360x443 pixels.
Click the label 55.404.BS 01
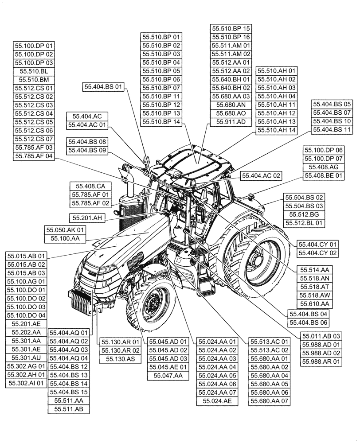pyautogui.click(x=102, y=87)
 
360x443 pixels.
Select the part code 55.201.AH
pyautogui.click(x=86, y=218)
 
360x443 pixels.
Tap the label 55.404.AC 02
pyautogui.click(x=261, y=176)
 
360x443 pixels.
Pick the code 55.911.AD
pyautogui.click(x=231, y=121)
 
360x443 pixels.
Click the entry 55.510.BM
pyautogui.click(x=34, y=79)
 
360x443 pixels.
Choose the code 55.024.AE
pyautogui.click(x=217, y=401)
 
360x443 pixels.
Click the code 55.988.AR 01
pyautogui.click(x=322, y=362)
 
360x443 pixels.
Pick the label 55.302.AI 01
pyautogui.click(x=26, y=383)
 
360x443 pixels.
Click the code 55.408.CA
pyautogui.click(x=90, y=186)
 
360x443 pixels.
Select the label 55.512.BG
pyautogui.click(x=304, y=214)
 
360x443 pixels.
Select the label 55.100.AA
pyautogui.click(x=65, y=238)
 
